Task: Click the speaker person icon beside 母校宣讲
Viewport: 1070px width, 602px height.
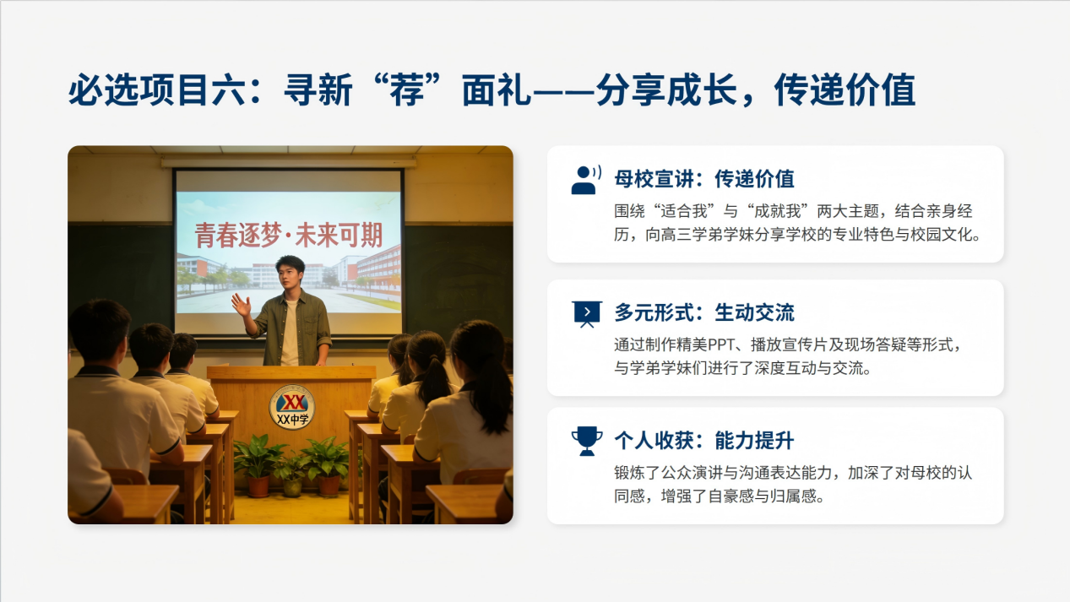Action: [x=585, y=180]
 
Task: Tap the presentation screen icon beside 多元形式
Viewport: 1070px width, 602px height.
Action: [x=587, y=313]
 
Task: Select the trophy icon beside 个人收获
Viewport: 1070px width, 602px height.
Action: [x=587, y=441]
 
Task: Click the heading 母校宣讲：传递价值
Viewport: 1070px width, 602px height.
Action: [x=704, y=179]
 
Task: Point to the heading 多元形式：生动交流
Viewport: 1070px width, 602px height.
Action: [x=704, y=312]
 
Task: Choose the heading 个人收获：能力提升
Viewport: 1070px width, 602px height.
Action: [x=704, y=440]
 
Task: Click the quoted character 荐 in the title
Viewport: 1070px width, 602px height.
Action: [x=407, y=89]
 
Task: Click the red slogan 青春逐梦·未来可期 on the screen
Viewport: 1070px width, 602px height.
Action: [x=289, y=235]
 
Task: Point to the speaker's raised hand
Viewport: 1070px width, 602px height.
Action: [x=241, y=305]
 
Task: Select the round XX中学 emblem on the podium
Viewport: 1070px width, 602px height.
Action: [x=291, y=407]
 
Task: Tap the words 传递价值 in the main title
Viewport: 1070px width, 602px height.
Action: [x=845, y=89]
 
